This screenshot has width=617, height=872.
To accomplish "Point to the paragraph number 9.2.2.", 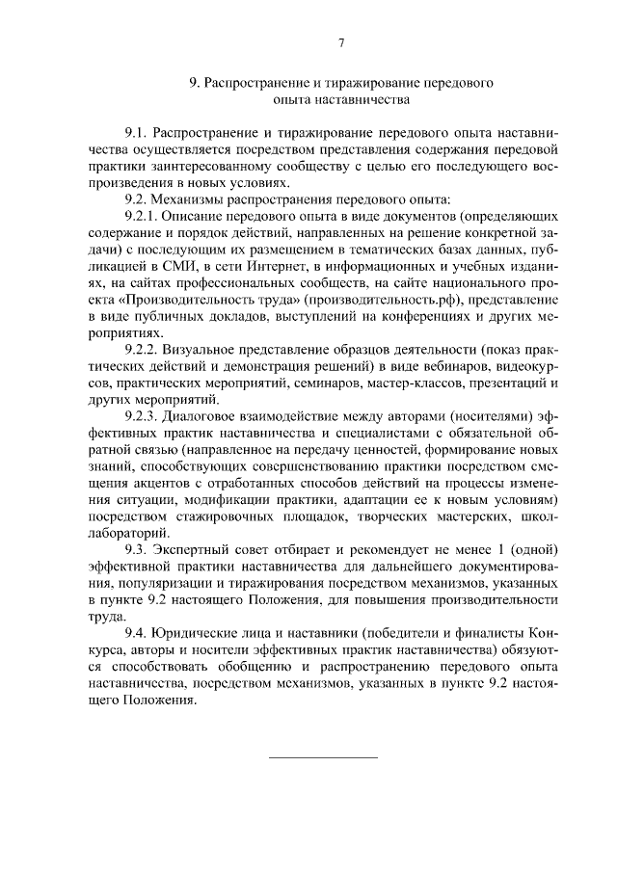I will point(143,349).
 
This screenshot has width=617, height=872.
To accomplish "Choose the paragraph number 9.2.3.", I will point(143,416).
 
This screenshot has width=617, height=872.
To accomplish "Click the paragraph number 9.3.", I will point(137,549).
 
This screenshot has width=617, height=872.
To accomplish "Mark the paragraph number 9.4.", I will point(137,632).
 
